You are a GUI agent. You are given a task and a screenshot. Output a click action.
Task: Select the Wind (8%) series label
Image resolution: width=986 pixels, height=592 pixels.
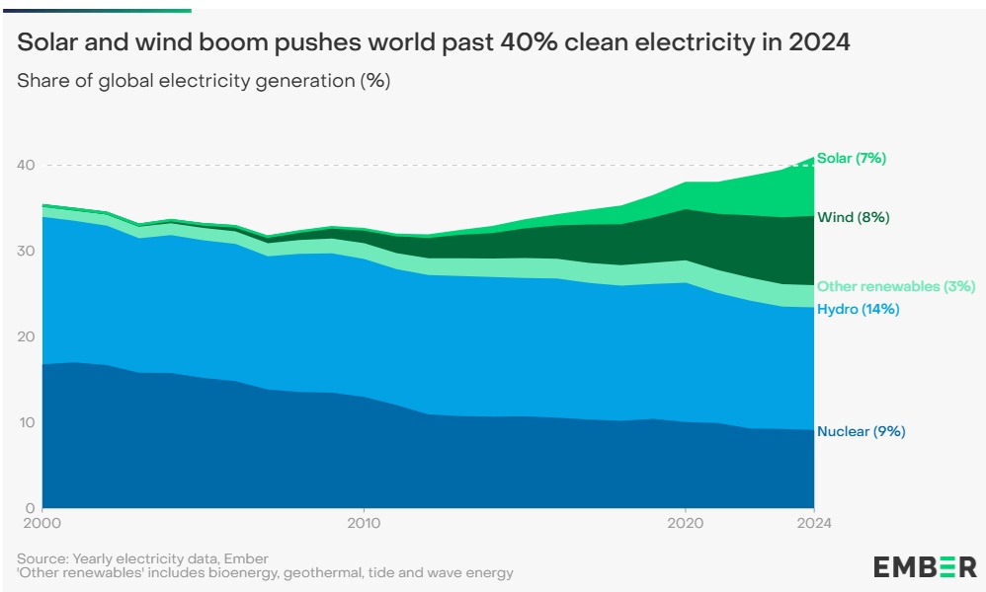(x=854, y=217)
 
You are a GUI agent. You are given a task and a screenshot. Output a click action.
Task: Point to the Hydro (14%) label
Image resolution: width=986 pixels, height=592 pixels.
(x=858, y=310)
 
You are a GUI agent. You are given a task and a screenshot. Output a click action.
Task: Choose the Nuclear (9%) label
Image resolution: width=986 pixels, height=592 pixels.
(x=861, y=431)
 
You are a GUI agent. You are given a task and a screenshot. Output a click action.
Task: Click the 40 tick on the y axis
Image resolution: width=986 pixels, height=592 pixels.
(x=29, y=165)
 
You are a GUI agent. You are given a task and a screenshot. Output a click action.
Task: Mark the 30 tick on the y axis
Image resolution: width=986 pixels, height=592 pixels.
(x=29, y=251)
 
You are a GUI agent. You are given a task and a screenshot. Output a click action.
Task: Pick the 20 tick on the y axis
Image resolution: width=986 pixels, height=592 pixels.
(x=29, y=336)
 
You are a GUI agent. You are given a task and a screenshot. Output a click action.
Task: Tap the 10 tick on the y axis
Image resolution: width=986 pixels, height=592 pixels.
(x=29, y=422)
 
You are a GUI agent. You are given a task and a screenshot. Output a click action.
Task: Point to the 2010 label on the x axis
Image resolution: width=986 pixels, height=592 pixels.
(x=365, y=523)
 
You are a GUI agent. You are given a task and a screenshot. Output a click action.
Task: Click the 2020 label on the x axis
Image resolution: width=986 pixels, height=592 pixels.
(x=686, y=523)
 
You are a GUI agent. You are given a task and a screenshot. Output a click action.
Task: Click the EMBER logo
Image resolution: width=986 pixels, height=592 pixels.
(x=925, y=566)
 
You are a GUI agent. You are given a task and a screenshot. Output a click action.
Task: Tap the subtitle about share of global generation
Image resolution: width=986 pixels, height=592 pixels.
(x=204, y=81)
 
